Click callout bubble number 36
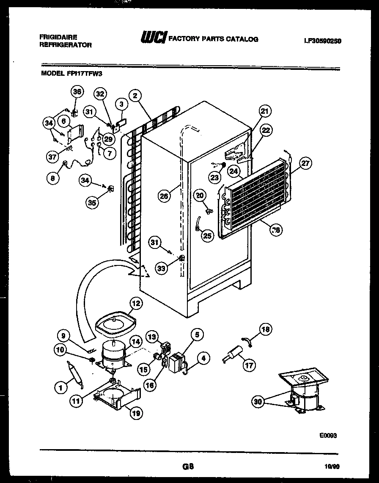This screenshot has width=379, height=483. [77, 92]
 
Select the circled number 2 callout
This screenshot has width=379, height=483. [135, 96]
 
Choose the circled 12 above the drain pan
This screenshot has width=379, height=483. [136, 303]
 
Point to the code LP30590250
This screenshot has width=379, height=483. [322, 41]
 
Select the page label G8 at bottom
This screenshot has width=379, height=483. [188, 467]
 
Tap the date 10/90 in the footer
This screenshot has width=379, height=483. [333, 467]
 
